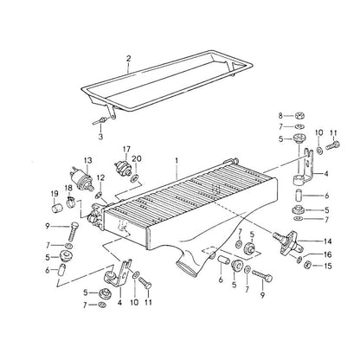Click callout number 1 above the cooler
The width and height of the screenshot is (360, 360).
point(177,161)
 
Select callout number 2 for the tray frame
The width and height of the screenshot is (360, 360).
point(128,59)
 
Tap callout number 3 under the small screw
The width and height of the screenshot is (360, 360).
point(100,136)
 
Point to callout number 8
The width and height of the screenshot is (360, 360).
point(280,116)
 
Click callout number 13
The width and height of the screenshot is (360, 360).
point(87,160)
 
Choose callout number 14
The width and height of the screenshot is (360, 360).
point(328,241)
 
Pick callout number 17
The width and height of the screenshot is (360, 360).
point(126,150)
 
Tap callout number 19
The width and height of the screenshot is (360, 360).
point(55,194)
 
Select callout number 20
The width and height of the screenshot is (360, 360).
point(137,159)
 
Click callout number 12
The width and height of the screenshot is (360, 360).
point(100,177)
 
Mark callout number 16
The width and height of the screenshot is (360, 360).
point(328,254)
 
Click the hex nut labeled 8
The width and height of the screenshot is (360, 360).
point(299,116)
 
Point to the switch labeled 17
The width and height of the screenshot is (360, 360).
point(122,168)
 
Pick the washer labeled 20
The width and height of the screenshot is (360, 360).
point(134,178)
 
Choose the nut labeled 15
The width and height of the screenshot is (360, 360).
point(307,264)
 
